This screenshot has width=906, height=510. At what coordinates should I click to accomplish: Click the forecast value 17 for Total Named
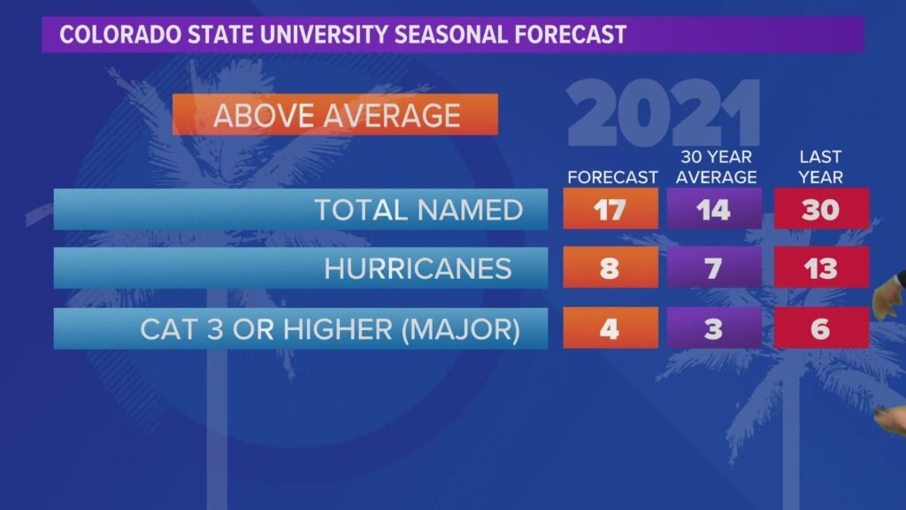(x=610, y=210)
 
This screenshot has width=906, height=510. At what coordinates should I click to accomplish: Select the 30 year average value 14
(x=714, y=210)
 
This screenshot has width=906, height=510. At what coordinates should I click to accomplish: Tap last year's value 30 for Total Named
(x=820, y=210)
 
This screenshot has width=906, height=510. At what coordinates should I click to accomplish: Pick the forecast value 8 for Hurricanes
(x=610, y=268)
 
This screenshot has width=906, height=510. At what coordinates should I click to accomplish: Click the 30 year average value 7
(x=714, y=268)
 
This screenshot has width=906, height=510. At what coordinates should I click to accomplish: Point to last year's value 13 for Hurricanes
(x=820, y=268)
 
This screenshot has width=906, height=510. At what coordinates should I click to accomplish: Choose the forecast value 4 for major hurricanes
(x=610, y=328)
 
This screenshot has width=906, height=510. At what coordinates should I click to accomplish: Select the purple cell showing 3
(x=714, y=328)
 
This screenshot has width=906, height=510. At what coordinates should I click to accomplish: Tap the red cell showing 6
(x=820, y=328)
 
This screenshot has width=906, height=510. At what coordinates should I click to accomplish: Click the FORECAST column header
(x=612, y=177)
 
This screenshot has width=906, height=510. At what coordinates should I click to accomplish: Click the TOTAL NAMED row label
(x=418, y=210)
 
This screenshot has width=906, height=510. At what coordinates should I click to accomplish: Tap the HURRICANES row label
(x=418, y=268)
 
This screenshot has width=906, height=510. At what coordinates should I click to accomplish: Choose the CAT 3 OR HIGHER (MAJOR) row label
(x=329, y=328)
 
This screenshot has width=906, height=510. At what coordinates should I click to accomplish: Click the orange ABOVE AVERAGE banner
(x=336, y=115)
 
